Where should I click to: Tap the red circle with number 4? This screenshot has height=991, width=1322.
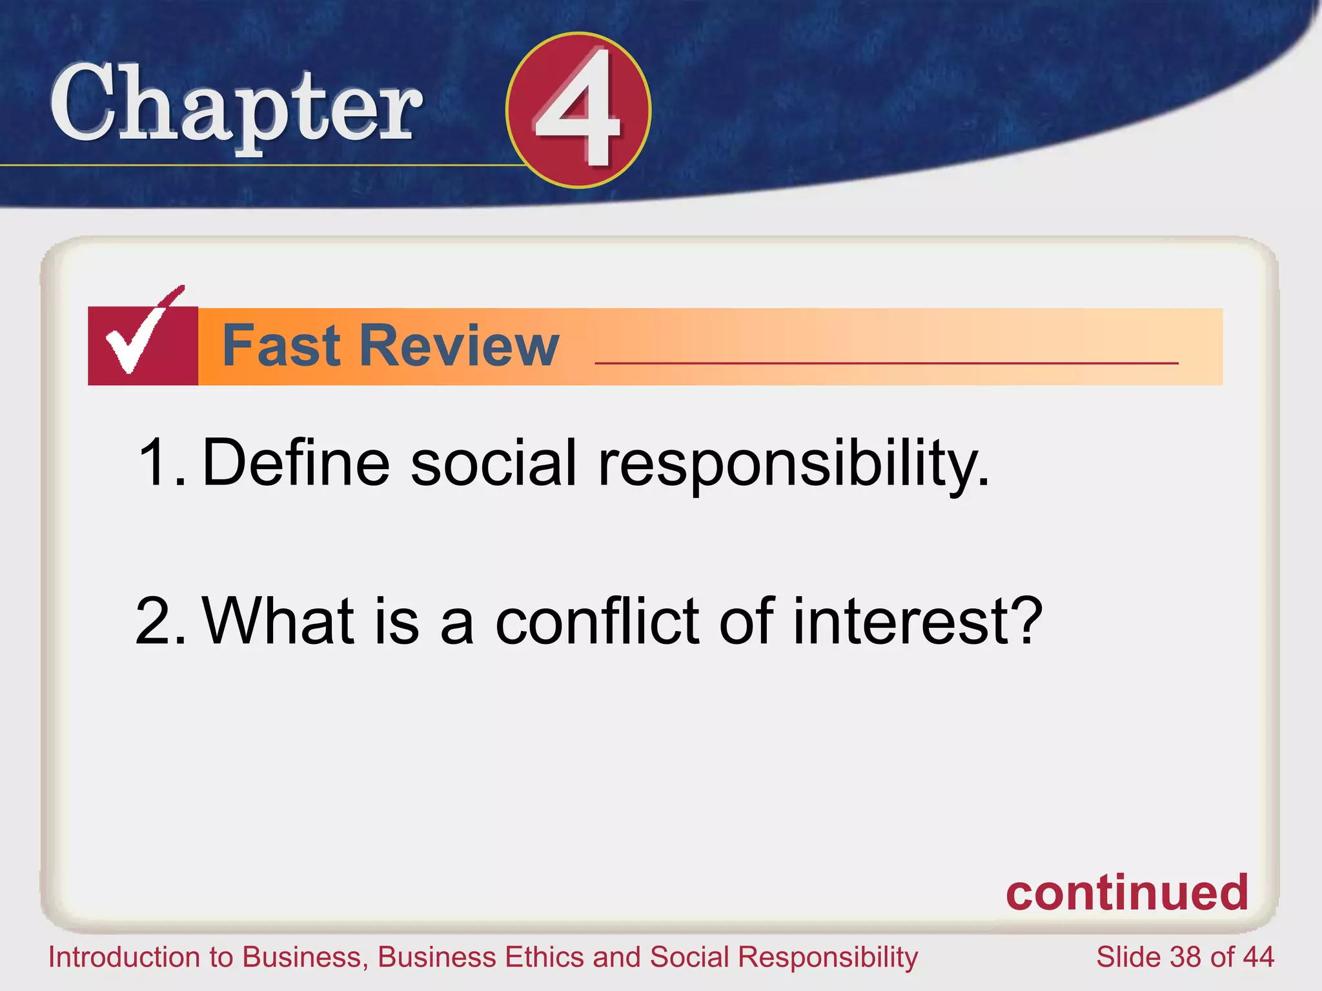578,110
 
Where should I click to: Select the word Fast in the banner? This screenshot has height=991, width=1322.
281,346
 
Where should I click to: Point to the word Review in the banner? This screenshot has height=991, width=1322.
459,346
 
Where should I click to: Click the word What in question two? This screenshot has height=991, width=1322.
278,621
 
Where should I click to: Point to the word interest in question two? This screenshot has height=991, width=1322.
917,621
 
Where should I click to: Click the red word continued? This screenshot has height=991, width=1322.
1126,893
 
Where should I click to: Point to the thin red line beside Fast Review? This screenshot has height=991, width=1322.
886,363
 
